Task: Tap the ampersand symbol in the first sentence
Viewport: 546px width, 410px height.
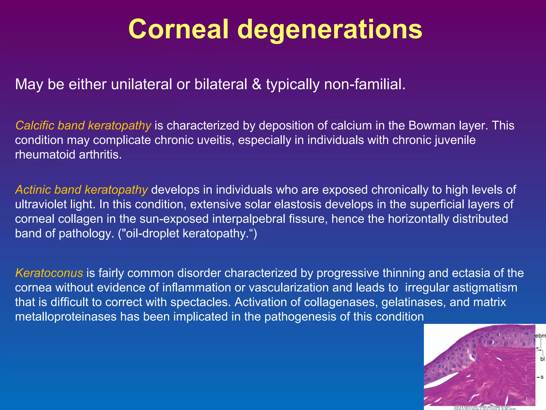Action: tap(256, 84)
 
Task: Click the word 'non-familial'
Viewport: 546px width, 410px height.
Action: tap(363, 84)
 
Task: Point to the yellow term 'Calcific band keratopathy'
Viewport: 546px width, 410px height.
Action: tap(83, 125)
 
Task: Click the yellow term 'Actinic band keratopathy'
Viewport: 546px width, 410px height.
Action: tap(81, 190)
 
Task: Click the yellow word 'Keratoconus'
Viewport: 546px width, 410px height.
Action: tap(49, 273)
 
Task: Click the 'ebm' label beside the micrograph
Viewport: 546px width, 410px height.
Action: tap(541, 336)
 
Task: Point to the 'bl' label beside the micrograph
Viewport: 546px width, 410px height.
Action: tap(542, 359)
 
